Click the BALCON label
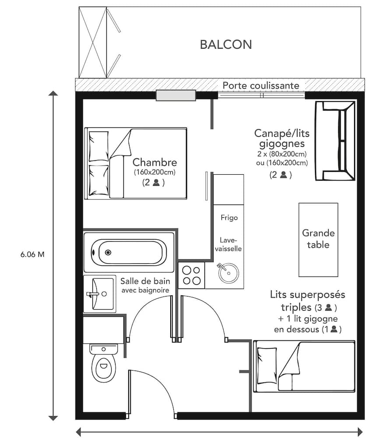(x=226, y=45)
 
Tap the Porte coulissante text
(x=261, y=85)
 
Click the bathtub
(x=129, y=252)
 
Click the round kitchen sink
(x=228, y=273)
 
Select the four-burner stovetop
(x=191, y=275)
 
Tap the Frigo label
(x=229, y=218)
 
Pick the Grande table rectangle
(x=318, y=239)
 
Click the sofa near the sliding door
(x=335, y=141)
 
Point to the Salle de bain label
(x=145, y=281)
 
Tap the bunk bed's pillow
(x=266, y=360)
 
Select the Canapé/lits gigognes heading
(x=281, y=138)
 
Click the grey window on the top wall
(x=176, y=95)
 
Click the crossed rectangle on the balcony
(x=93, y=42)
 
